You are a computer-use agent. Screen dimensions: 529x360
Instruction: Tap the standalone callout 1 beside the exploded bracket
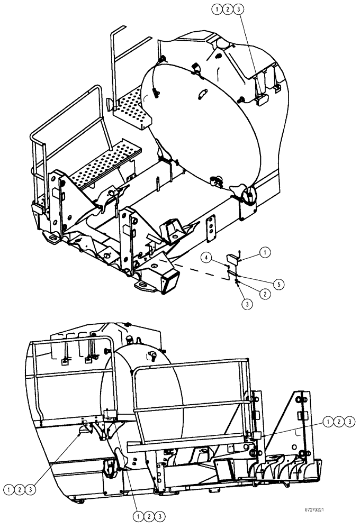point(265,253)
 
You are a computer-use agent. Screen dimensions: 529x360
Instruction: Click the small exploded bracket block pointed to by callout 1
point(232,259)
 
